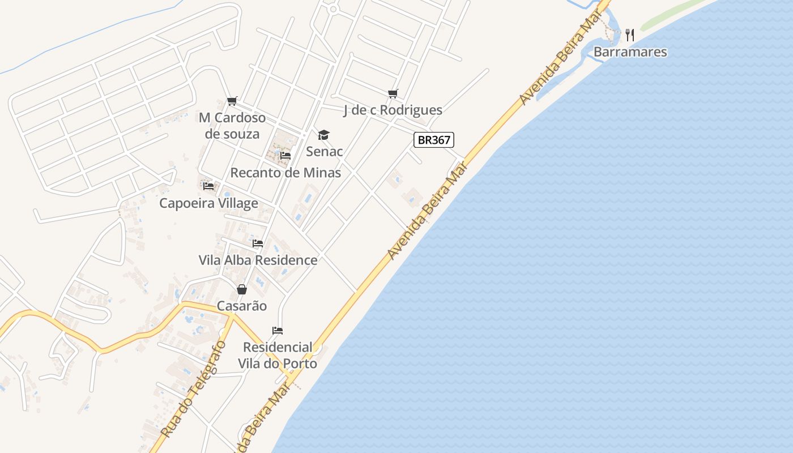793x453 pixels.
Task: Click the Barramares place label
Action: pos(630,52)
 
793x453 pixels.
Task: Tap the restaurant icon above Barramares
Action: pos(630,35)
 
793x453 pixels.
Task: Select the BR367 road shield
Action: pos(434,140)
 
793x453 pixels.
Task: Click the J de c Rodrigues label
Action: pos(393,110)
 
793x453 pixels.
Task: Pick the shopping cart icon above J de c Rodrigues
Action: pos(393,93)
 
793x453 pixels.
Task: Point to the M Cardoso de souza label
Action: pos(232,126)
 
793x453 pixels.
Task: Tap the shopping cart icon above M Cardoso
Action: pos(232,101)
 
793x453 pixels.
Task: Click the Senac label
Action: pos(325,151)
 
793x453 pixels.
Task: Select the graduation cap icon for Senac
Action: pos(323,135)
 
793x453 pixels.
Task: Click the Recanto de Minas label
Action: pos(285,172)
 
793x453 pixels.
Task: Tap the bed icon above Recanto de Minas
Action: pos(285,155)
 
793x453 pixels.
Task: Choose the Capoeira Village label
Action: pos(208,203)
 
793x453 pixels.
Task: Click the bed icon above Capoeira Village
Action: pos(208,186)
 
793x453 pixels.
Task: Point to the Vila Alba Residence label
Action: pos(258,260)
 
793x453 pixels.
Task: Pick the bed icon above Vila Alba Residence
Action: pos(258,243)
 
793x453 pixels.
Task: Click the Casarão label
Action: pos(242,306)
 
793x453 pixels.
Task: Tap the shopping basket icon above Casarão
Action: pos(242,289)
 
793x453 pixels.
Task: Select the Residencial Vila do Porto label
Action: pos(278,355)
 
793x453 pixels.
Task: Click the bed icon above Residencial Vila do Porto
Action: pos(278,331)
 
